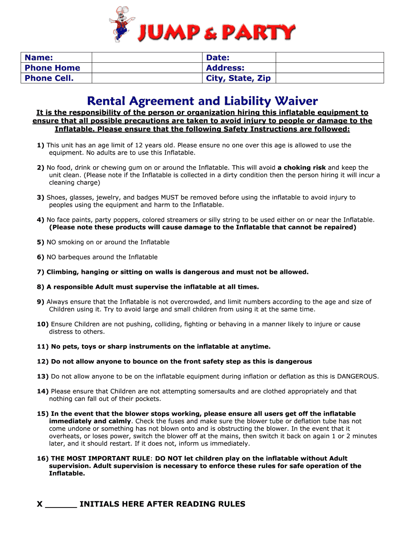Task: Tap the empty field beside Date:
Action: click(x=329, y=58)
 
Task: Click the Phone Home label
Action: click(x=52, y=68)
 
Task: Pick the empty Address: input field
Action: click(x=329, y=68)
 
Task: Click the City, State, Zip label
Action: click(x=238, y=78)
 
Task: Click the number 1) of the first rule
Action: click(x=40, y=145)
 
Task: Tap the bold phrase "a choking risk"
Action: click(x=302, y=168)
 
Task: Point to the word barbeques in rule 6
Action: click(x=73, y=257)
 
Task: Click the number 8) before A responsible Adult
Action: click(x=40, y=287)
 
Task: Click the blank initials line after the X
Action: click(x=61, y=505)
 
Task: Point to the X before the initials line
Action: click(x=40, y=504)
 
